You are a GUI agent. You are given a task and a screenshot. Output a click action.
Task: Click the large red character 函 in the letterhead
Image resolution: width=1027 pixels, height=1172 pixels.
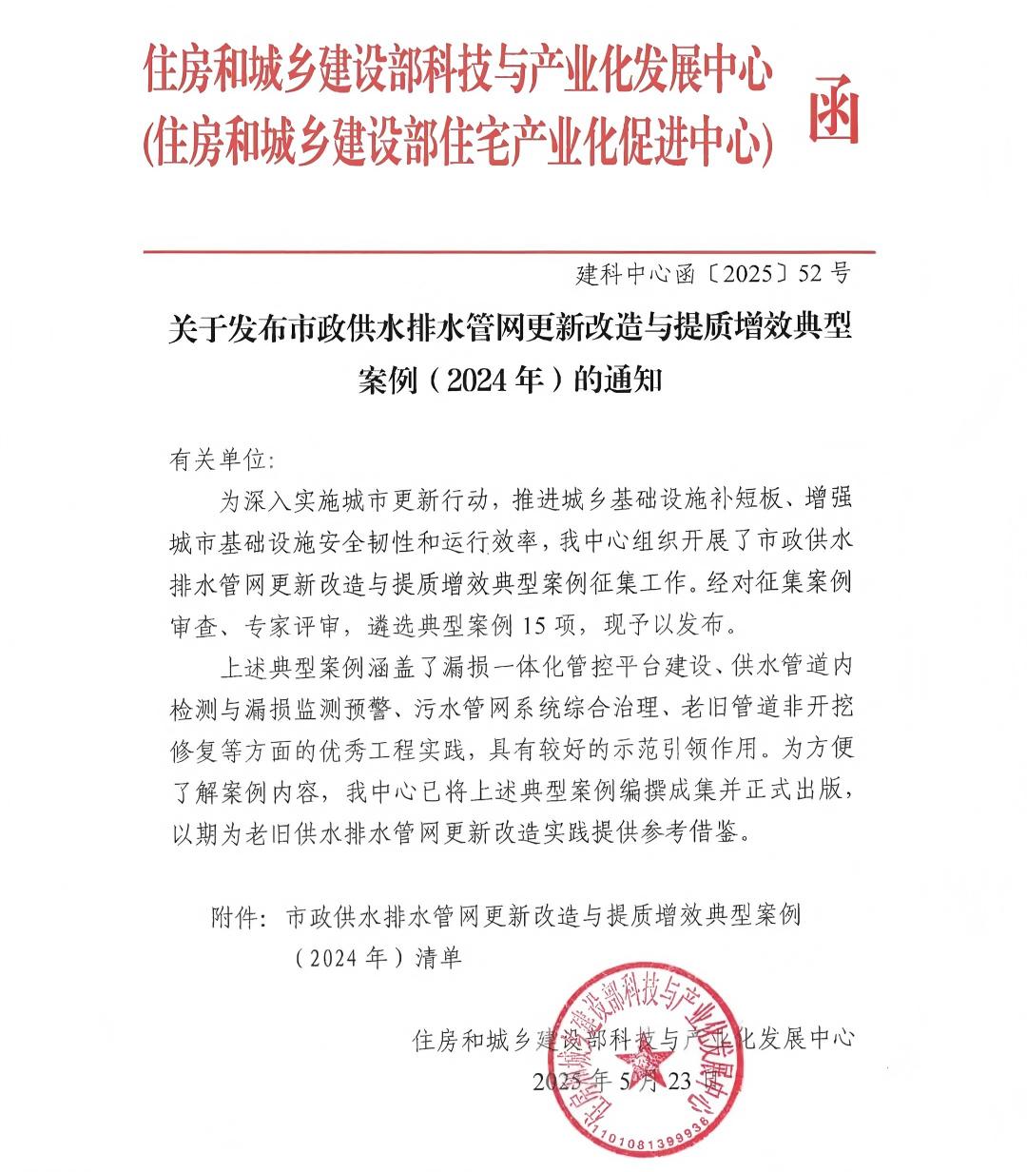834,107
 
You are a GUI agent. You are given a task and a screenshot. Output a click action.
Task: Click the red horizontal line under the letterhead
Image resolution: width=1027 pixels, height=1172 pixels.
509,252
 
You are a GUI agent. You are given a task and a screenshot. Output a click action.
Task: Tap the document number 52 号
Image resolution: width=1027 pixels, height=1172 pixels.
824,275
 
